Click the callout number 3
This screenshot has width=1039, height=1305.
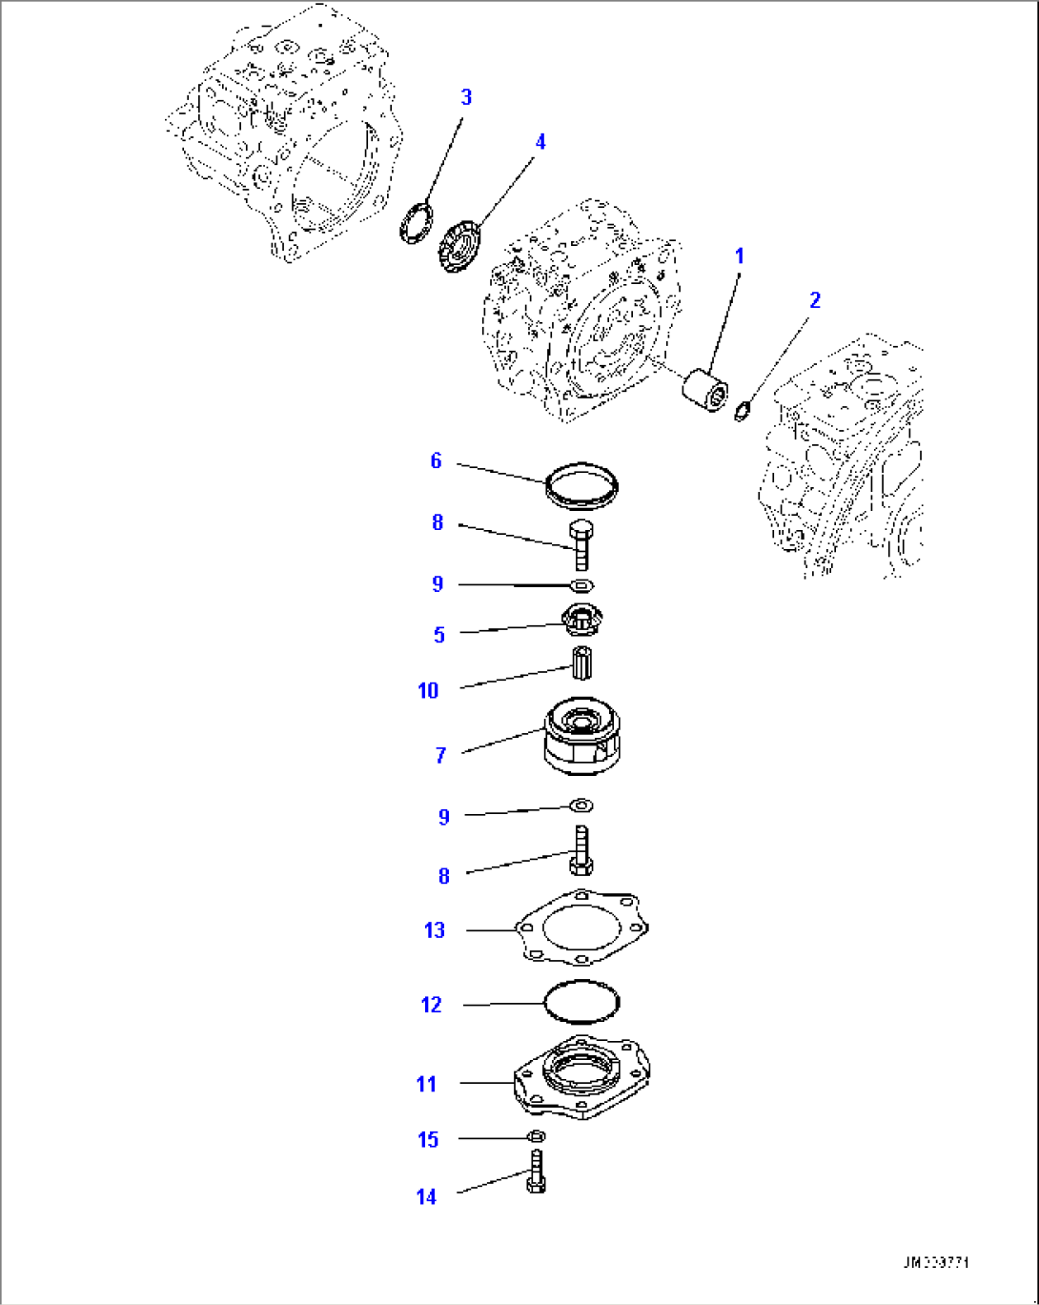[466, 97]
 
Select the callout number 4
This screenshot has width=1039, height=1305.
[540, 142]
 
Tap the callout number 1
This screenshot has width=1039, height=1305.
[739, 256]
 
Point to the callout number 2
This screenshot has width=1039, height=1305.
[814, 300]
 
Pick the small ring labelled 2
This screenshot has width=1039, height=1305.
[744, 411]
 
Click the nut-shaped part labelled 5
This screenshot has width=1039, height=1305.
[582, 622]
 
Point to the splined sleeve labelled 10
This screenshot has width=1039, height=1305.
[581, 663]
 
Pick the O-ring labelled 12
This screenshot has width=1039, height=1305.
[581, 1002]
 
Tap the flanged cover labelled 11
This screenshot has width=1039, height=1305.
[583, 1077]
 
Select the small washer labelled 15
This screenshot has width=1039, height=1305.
[536, 1136]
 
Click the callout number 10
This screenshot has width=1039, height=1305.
[428, 690]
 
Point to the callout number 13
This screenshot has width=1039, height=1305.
[435, 930]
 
